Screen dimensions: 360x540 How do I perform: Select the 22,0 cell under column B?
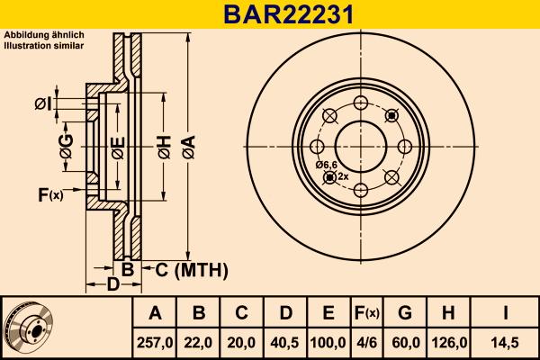click(199, 343)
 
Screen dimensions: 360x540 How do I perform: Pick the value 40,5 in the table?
click(285, 343)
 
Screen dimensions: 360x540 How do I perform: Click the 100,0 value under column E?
click(328, 343)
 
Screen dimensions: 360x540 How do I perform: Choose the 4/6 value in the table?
click(366, 343)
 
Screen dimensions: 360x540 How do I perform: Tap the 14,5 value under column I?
click(506, 343)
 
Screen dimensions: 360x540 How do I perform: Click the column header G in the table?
click(405, 313)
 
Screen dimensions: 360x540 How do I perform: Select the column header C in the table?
click(242, 313)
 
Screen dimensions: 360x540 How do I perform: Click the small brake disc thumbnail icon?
click(29, 328)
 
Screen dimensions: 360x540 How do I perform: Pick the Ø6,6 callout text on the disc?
click(326, 165)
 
